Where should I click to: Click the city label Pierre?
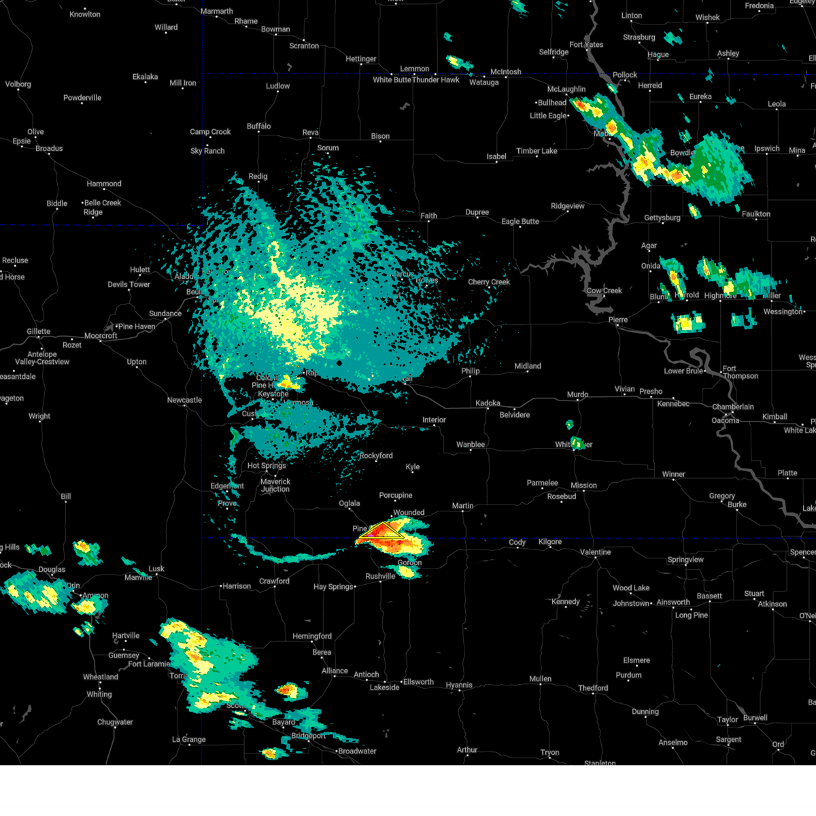[x=617, y=320]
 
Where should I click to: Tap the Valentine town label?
[x=595, y=552]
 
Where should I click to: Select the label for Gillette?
[x=38, y=331]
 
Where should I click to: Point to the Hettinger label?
[x=360, y=59]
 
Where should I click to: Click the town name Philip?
[x=471, y=371]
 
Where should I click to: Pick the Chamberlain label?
[x=732, y=407]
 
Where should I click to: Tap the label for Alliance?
[x=335, y=670]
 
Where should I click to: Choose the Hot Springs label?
[x=267, y=466]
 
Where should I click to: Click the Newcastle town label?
[x=184, y=400]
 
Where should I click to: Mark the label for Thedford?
[x=593, y=688]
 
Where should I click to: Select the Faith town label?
[x=428, y=216]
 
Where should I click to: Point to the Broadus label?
[x=49, y=148]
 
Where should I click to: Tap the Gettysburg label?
[x=662, y=218]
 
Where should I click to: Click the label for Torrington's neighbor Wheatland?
[x=101, y=677]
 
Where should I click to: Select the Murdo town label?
[x=577, y=394]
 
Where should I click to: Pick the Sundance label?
[x=165, y=313]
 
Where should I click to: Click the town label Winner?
[x=673, y=474]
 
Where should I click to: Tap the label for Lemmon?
[x=414, y=69]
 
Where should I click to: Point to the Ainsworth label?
[x=673, y=602]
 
